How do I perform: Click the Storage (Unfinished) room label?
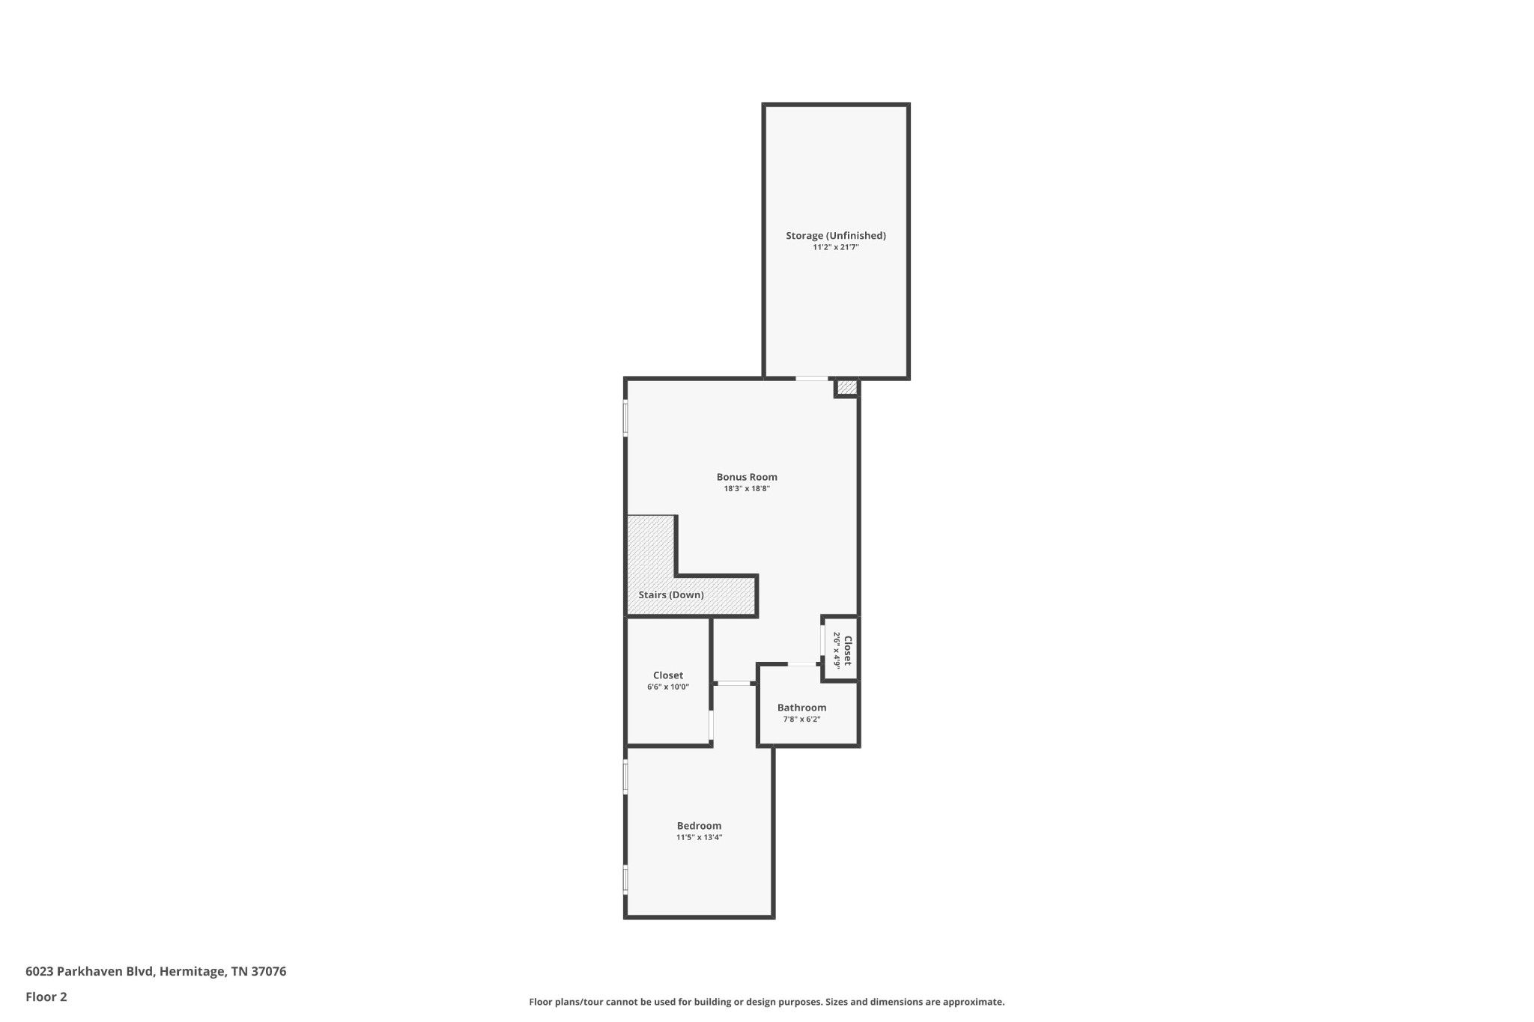tap(835, 236)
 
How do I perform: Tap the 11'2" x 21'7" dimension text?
tap(835, 247)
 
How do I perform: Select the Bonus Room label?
tap(747, 477)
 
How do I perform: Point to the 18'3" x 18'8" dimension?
tap(747, 489)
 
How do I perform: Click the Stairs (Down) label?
tap(671, 595)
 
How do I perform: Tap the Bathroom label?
tap(801, 708)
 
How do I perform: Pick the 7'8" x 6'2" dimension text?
tap(801, 720)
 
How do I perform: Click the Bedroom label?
tap(699, 826)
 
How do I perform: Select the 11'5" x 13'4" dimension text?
tap(699, 838)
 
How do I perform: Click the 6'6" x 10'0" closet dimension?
tap(668, 687)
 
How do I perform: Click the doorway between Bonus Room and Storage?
tap(812, 379)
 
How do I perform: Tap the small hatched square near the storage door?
tap(847, 387)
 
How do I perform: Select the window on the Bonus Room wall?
tap(625, 419)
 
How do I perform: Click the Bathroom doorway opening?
tap(802, 664)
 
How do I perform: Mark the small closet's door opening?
tap(823, 642)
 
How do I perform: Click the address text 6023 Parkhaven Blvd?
tap(90, 972)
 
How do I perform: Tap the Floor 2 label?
tap(46, 997)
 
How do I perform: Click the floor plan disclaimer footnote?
tap(766, 1002)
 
